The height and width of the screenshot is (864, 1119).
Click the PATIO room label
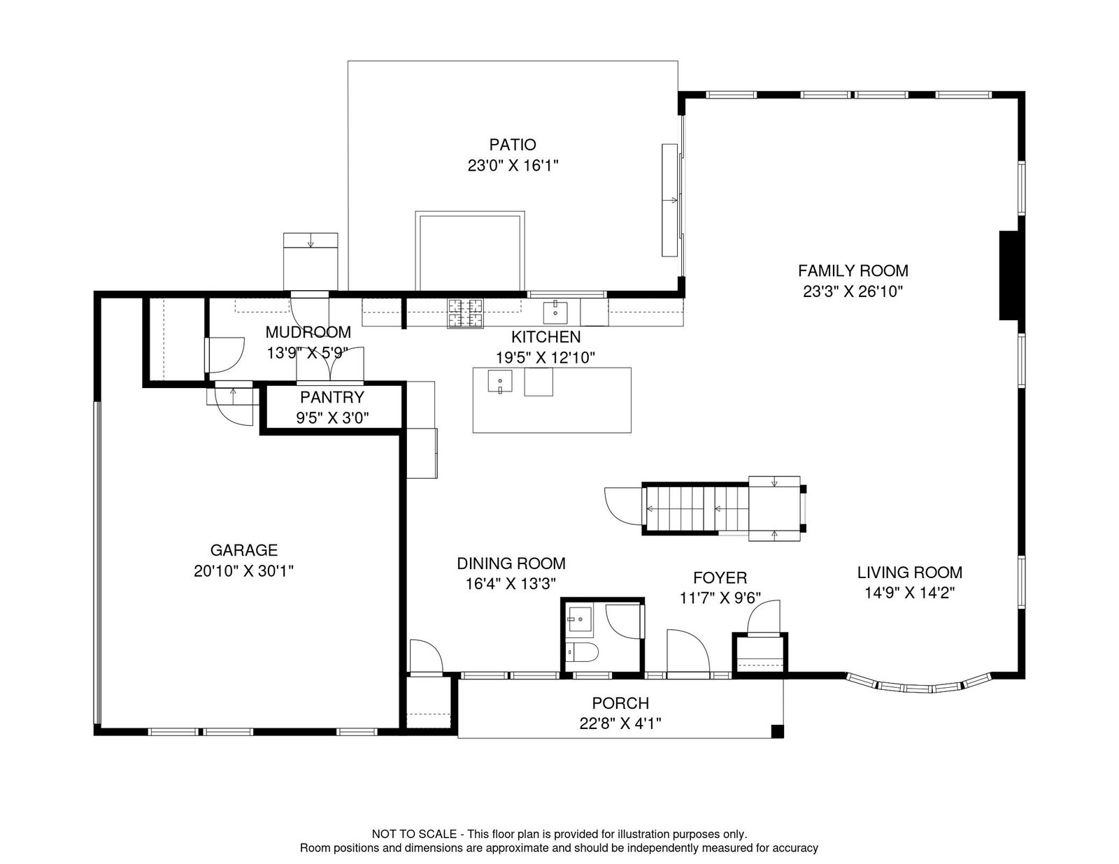click(512, 145)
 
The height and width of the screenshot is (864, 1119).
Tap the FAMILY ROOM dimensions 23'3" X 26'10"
click(853, 291)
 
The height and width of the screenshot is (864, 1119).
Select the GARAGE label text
click(243, 550)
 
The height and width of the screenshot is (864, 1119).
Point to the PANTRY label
click(332, 397)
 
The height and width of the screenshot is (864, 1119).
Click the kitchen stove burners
click(466, 313)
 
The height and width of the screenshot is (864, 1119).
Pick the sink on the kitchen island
click(500, 381)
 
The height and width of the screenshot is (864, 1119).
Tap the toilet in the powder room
click(582, 653)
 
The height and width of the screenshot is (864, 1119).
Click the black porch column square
click(777, 731)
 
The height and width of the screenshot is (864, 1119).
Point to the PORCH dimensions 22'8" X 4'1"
click(620, 723)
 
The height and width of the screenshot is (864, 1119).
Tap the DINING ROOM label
click(511, 563)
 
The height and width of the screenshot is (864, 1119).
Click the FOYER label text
click(720, 577)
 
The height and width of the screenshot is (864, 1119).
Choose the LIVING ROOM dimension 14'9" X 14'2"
click(909, 593)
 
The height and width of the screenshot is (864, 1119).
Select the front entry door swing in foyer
click(688, 651)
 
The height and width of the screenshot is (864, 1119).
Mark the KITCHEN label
click(546, 336)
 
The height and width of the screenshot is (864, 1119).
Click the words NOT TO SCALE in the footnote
click(414, 834)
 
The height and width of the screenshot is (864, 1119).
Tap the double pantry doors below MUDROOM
click(330, 364)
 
